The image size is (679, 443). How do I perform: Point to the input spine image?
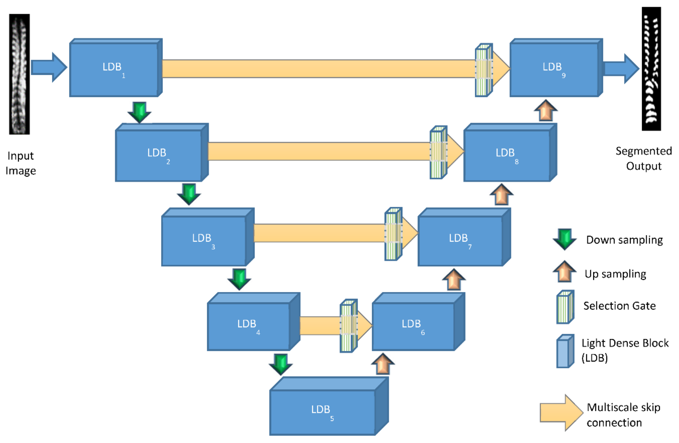click(x=19, y=74)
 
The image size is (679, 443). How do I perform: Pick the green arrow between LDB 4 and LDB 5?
click(x=281, y=364)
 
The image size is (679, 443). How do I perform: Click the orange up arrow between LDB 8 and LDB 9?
click(x=546, y=111)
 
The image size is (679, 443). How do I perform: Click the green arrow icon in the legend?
click(x=565, y=239)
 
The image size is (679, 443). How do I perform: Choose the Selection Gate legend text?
click(x=619, y=306)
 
